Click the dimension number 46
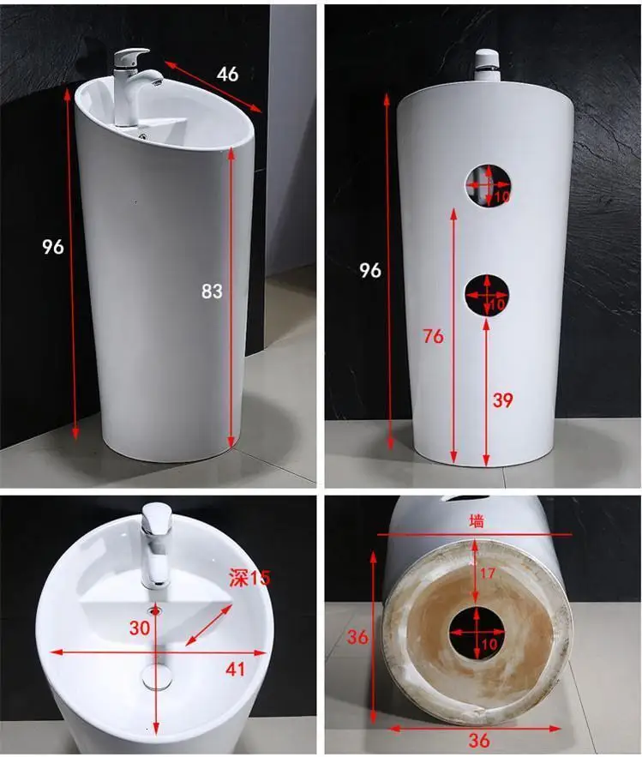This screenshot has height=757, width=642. pyautogui.click(x=227, y=74)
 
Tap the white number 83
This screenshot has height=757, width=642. pyautogui.click(x=212, y=291)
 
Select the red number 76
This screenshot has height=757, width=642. pyautogui.click(x=433, y=336)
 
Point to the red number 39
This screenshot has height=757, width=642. pyautogui.click(x=502, y=400)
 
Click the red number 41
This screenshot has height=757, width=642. pyautogui.click(x=235, y=670)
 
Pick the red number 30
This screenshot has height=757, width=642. pyautogui.click(x=140, y=628)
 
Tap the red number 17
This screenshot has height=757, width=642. pyautogui.click(x=488, y=573)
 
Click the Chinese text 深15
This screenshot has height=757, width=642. pyautogui.click(x=249, y=578)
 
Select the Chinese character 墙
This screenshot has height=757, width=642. pyautogui.click(x=477, y=521)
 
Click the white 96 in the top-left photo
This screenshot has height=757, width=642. pyautogui.click(x=52, y=247)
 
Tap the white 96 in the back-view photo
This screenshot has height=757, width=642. pyautogui.click(x=370, y=270)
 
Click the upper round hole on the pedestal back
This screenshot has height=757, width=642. pyautogui.click(x=488, y=186)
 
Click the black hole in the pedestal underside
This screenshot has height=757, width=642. pyautogui.click(x=477, y=633)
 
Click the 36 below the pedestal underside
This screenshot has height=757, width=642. pyautogui.click(x=478, y=740)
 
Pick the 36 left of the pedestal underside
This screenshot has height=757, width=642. pyautogui.click(x=357, y=637)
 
